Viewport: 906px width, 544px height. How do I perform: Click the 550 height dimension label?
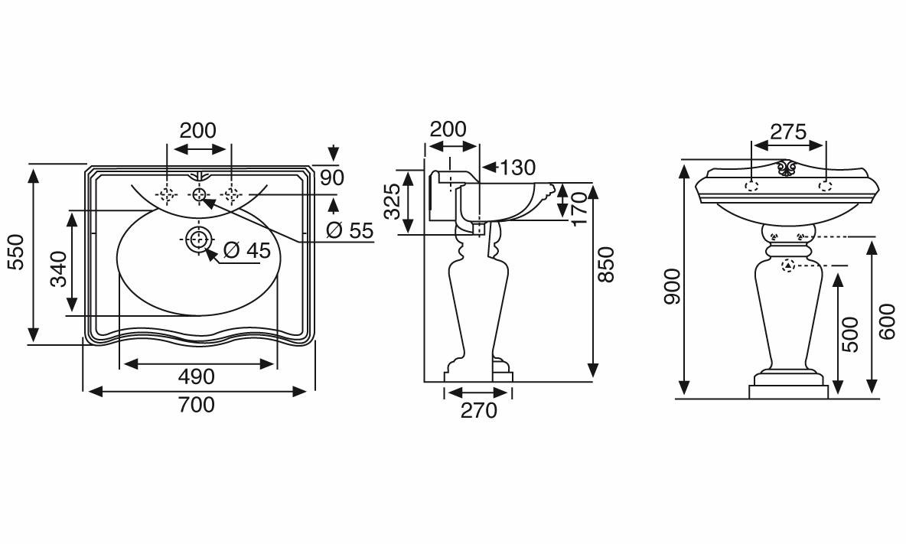pos(15,252)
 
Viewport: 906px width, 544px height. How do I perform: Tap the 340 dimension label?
pos(59,269)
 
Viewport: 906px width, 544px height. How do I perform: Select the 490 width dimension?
pos(197,376)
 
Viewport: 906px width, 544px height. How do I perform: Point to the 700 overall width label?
pos(197,405)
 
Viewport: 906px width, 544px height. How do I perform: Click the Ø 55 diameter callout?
pos(350,230)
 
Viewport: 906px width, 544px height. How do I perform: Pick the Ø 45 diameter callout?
pos(246,250)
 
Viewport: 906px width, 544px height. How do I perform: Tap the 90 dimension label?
pos(332,178)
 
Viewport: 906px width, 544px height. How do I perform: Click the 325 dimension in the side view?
pos(393,201)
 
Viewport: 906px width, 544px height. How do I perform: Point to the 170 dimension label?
pos(579,208)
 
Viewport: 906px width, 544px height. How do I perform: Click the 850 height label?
pos(605,264)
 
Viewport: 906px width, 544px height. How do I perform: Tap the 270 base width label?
pos(479,411)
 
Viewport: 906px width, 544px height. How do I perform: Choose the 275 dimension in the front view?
pos(788,132)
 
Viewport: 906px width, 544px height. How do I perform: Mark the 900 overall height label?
pos(673,286)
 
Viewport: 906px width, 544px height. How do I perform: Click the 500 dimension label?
pos(850,334)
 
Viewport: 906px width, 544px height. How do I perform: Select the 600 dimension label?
pos(886,322)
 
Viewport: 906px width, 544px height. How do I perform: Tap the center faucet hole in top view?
pos(199,194)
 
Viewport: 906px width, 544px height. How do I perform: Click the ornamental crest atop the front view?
pos(787,168)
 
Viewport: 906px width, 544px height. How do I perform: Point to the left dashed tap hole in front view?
pos(751,185)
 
